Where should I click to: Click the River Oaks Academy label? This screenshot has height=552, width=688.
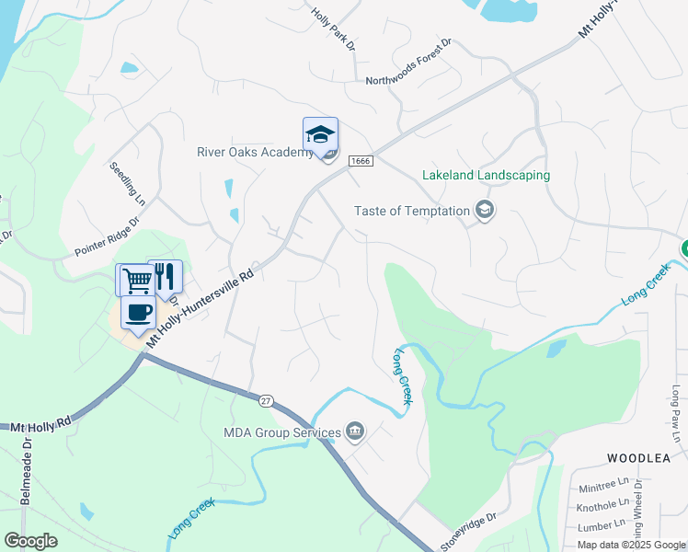coord(255,152)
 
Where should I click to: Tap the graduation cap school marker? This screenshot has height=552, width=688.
coord(320,134)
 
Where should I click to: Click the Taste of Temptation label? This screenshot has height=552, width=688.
coord(412,211)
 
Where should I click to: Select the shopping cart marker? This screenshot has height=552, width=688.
coord(136,279)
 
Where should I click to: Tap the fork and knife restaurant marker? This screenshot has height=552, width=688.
coord(166,276)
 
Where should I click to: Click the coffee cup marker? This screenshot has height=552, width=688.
coord(138,312)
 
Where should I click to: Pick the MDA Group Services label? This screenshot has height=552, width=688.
coord(282,431)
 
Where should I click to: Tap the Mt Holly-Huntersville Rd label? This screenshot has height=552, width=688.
coord(199,305)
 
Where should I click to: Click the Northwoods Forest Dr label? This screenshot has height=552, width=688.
coord(409,61)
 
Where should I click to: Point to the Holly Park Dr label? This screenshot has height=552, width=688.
coord(333,29)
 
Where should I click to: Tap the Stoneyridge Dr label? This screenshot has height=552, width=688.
coord(468,531)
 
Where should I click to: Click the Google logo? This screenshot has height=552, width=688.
coord(30,541)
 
